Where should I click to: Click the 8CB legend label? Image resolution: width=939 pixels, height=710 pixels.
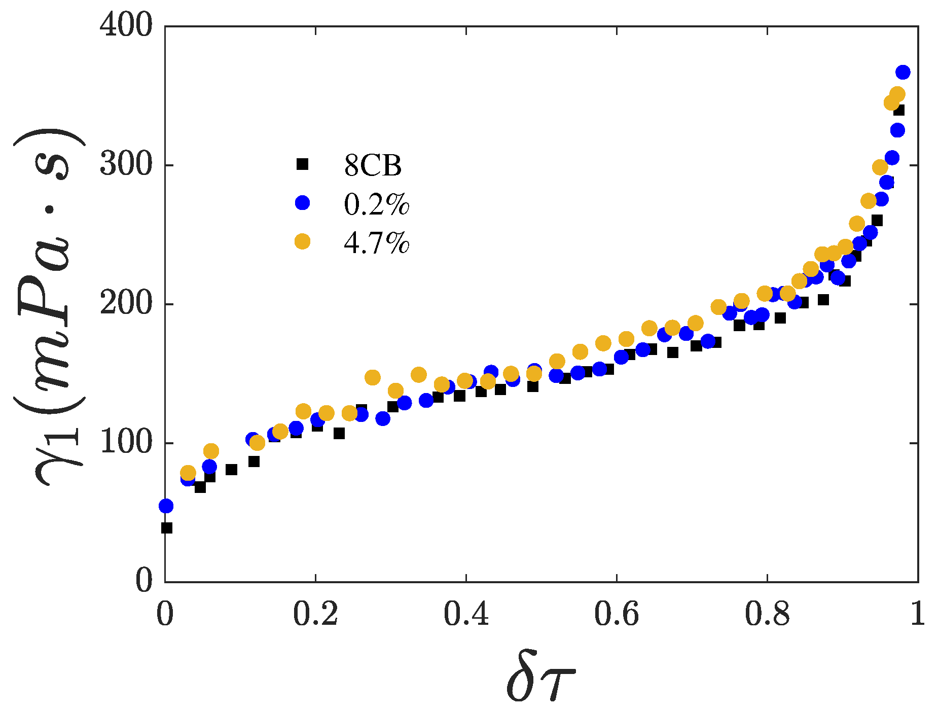click(373, 165)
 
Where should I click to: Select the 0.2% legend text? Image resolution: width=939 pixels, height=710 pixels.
click(376, 204)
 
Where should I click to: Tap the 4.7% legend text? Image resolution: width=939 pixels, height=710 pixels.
click(376, 243)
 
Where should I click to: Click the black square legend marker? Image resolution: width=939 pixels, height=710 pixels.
click(302, 164)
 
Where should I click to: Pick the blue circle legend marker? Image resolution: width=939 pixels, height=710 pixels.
click(302, 203)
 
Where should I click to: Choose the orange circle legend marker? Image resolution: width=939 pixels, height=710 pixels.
click(302, 241)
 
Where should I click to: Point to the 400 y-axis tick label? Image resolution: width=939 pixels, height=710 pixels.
click(126, 25)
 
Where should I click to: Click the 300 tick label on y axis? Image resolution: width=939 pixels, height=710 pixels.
click(126, 165)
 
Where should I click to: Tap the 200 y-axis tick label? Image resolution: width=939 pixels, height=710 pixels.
click(126, 304)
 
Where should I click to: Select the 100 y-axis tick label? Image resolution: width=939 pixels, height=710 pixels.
click(126, 443)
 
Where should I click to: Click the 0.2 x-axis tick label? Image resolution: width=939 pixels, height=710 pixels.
click(315, 615)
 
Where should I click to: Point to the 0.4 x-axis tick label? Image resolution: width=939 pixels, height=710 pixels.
click(466, 615)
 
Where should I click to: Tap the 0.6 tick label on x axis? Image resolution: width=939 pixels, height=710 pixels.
click(617, 615)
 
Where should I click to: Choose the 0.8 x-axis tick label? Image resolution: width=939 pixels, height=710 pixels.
click(767, 615)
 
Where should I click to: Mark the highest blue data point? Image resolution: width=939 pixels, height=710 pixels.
click(902, 73)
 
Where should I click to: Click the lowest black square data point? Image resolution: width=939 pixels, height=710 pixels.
click(167, 528)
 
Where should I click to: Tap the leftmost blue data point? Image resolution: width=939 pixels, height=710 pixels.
click(166, 506)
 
